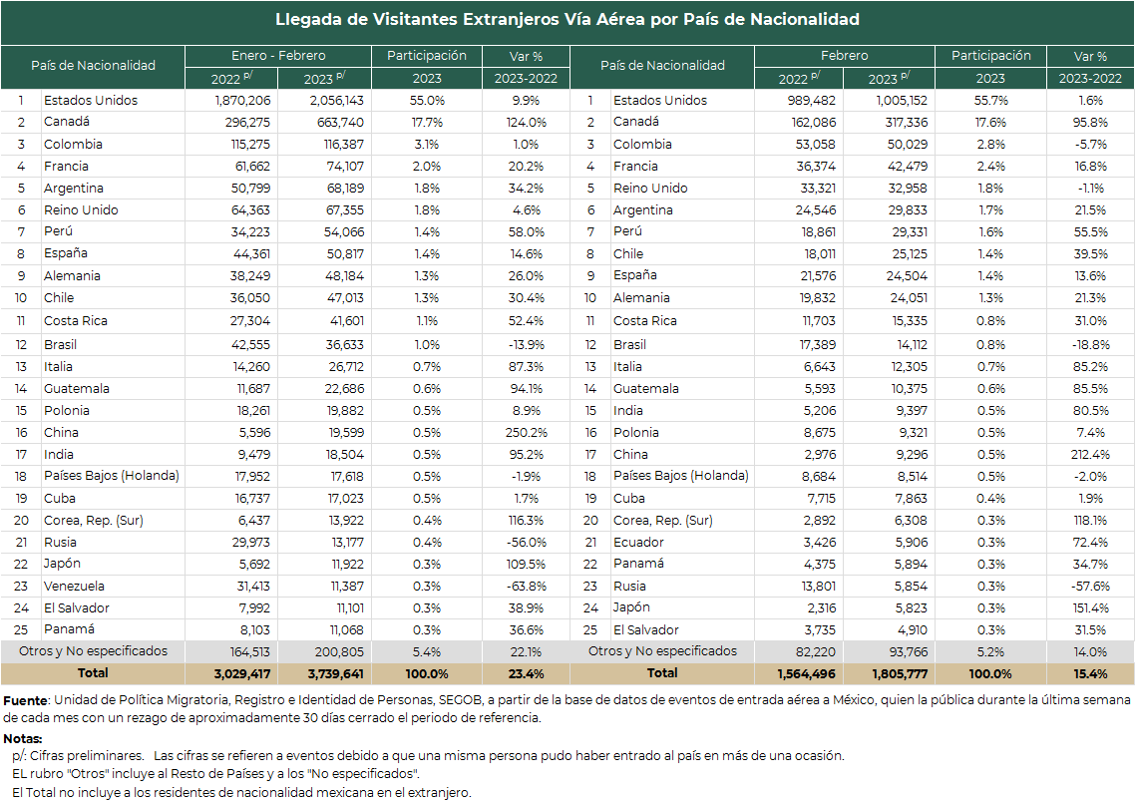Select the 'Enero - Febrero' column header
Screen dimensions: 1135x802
278,56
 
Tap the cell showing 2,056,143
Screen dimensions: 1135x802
336,101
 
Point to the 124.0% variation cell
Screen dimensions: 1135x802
527,123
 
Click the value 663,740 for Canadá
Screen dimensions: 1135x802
340,123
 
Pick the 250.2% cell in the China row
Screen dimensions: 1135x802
527,433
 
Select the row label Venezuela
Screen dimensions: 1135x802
74,587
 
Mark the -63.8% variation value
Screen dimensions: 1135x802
527,587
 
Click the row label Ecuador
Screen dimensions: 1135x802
638,542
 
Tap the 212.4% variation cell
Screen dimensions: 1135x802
1090,455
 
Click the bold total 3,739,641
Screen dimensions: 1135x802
336,674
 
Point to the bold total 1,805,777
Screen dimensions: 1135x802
899,674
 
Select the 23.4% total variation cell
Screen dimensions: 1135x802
527,674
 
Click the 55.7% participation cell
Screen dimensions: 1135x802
990,101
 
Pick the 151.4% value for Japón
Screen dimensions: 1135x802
1090,608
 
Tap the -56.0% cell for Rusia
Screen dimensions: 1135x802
527,542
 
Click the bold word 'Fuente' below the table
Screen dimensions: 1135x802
25,700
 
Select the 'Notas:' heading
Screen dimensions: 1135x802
22,739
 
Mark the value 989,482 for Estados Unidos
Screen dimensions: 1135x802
812,101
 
